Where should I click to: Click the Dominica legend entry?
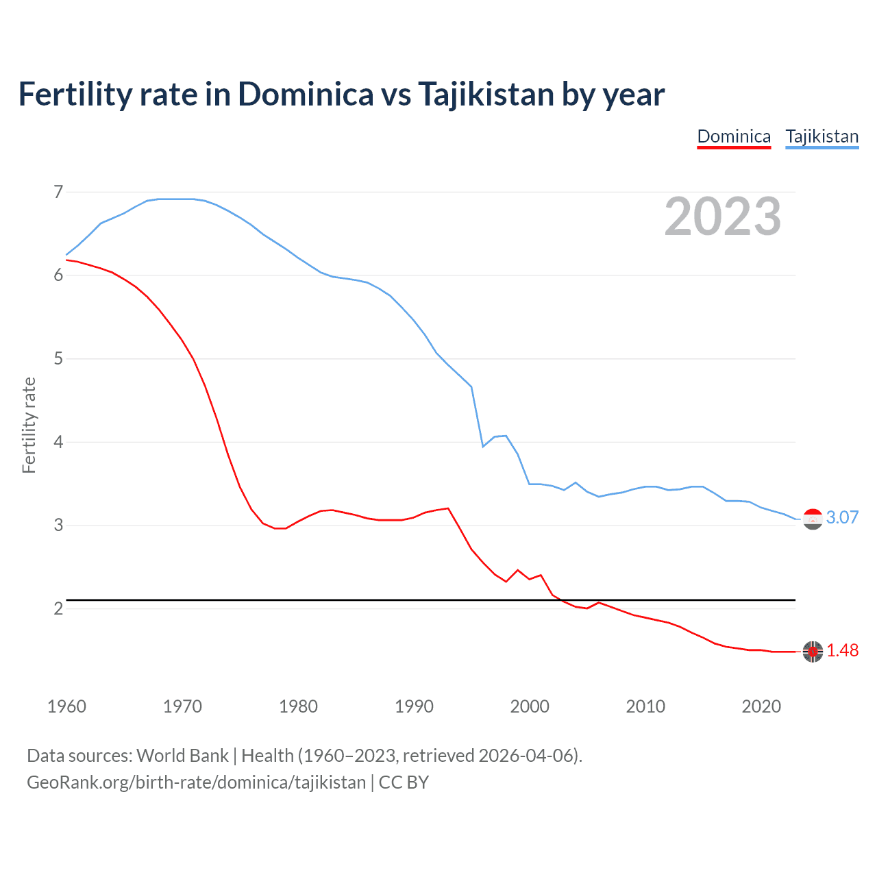[734, 136]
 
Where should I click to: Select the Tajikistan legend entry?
[822, 136]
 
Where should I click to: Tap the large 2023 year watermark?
[722, 217]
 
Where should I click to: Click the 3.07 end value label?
[842, 517]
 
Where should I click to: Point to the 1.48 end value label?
[842, 650]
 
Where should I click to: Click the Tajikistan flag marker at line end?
[813, 519]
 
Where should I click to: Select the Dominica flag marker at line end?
[813, 652]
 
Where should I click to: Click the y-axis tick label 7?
[58, 192]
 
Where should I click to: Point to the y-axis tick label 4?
[58, 442]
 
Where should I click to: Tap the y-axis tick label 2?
[58, 608]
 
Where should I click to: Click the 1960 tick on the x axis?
[66, 706]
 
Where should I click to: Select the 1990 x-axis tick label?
[414, 706]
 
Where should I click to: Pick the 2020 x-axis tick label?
[761, 706]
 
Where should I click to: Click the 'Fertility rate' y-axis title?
[29, 425]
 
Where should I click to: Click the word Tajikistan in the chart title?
[486, 94]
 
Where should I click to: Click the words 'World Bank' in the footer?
[182, 756]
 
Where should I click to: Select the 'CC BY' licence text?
[404, 782]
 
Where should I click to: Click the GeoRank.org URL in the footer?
[196, 782]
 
